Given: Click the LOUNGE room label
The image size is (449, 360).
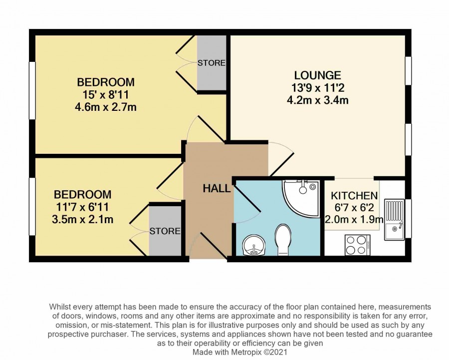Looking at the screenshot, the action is point(318,75).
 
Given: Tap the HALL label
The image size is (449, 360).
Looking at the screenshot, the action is point(217,189).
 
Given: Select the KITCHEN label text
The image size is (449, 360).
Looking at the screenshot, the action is point(354,196).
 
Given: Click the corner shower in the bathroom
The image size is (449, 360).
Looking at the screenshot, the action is point(301,198).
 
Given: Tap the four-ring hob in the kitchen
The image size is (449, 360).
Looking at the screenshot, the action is point(358,245).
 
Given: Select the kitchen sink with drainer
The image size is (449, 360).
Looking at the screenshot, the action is point(394,219).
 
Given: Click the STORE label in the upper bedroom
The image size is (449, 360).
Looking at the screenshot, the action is point(212,63).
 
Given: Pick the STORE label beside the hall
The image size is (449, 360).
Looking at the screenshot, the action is point(165,231).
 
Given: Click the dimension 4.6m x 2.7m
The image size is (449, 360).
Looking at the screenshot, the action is point(105,107).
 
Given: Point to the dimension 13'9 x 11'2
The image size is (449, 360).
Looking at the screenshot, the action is point(318,87).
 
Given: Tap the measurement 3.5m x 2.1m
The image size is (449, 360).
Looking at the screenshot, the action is point(82,220).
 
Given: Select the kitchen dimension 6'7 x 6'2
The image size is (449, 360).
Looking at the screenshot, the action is point(354,208).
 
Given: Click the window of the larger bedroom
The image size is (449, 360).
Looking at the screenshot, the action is point(32,90).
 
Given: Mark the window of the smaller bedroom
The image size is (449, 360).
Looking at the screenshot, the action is point(32,207).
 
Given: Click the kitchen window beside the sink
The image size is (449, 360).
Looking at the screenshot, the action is point(408,218).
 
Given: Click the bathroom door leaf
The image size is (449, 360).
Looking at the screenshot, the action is point(247,199).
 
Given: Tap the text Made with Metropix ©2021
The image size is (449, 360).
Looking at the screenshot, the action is point(240,352).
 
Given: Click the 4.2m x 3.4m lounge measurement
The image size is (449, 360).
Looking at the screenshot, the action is point(318,100).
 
